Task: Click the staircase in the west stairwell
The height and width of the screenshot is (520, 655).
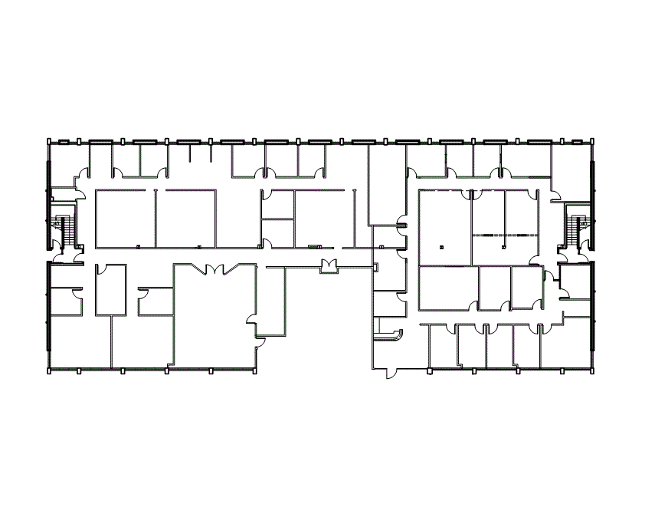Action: (65, 229)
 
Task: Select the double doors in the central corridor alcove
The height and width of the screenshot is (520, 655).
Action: (329, 266)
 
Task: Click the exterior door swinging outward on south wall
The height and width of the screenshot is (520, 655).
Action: (391, 374)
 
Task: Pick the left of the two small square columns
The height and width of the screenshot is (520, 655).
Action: (442, 247)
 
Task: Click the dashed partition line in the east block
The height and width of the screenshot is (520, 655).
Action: (506, 233)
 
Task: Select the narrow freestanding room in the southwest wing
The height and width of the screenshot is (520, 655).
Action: (110, 291)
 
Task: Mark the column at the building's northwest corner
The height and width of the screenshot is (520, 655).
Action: (49, 141)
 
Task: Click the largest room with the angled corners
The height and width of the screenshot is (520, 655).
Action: (215, 314)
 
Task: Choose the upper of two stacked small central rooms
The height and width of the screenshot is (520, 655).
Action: (277, 205)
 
